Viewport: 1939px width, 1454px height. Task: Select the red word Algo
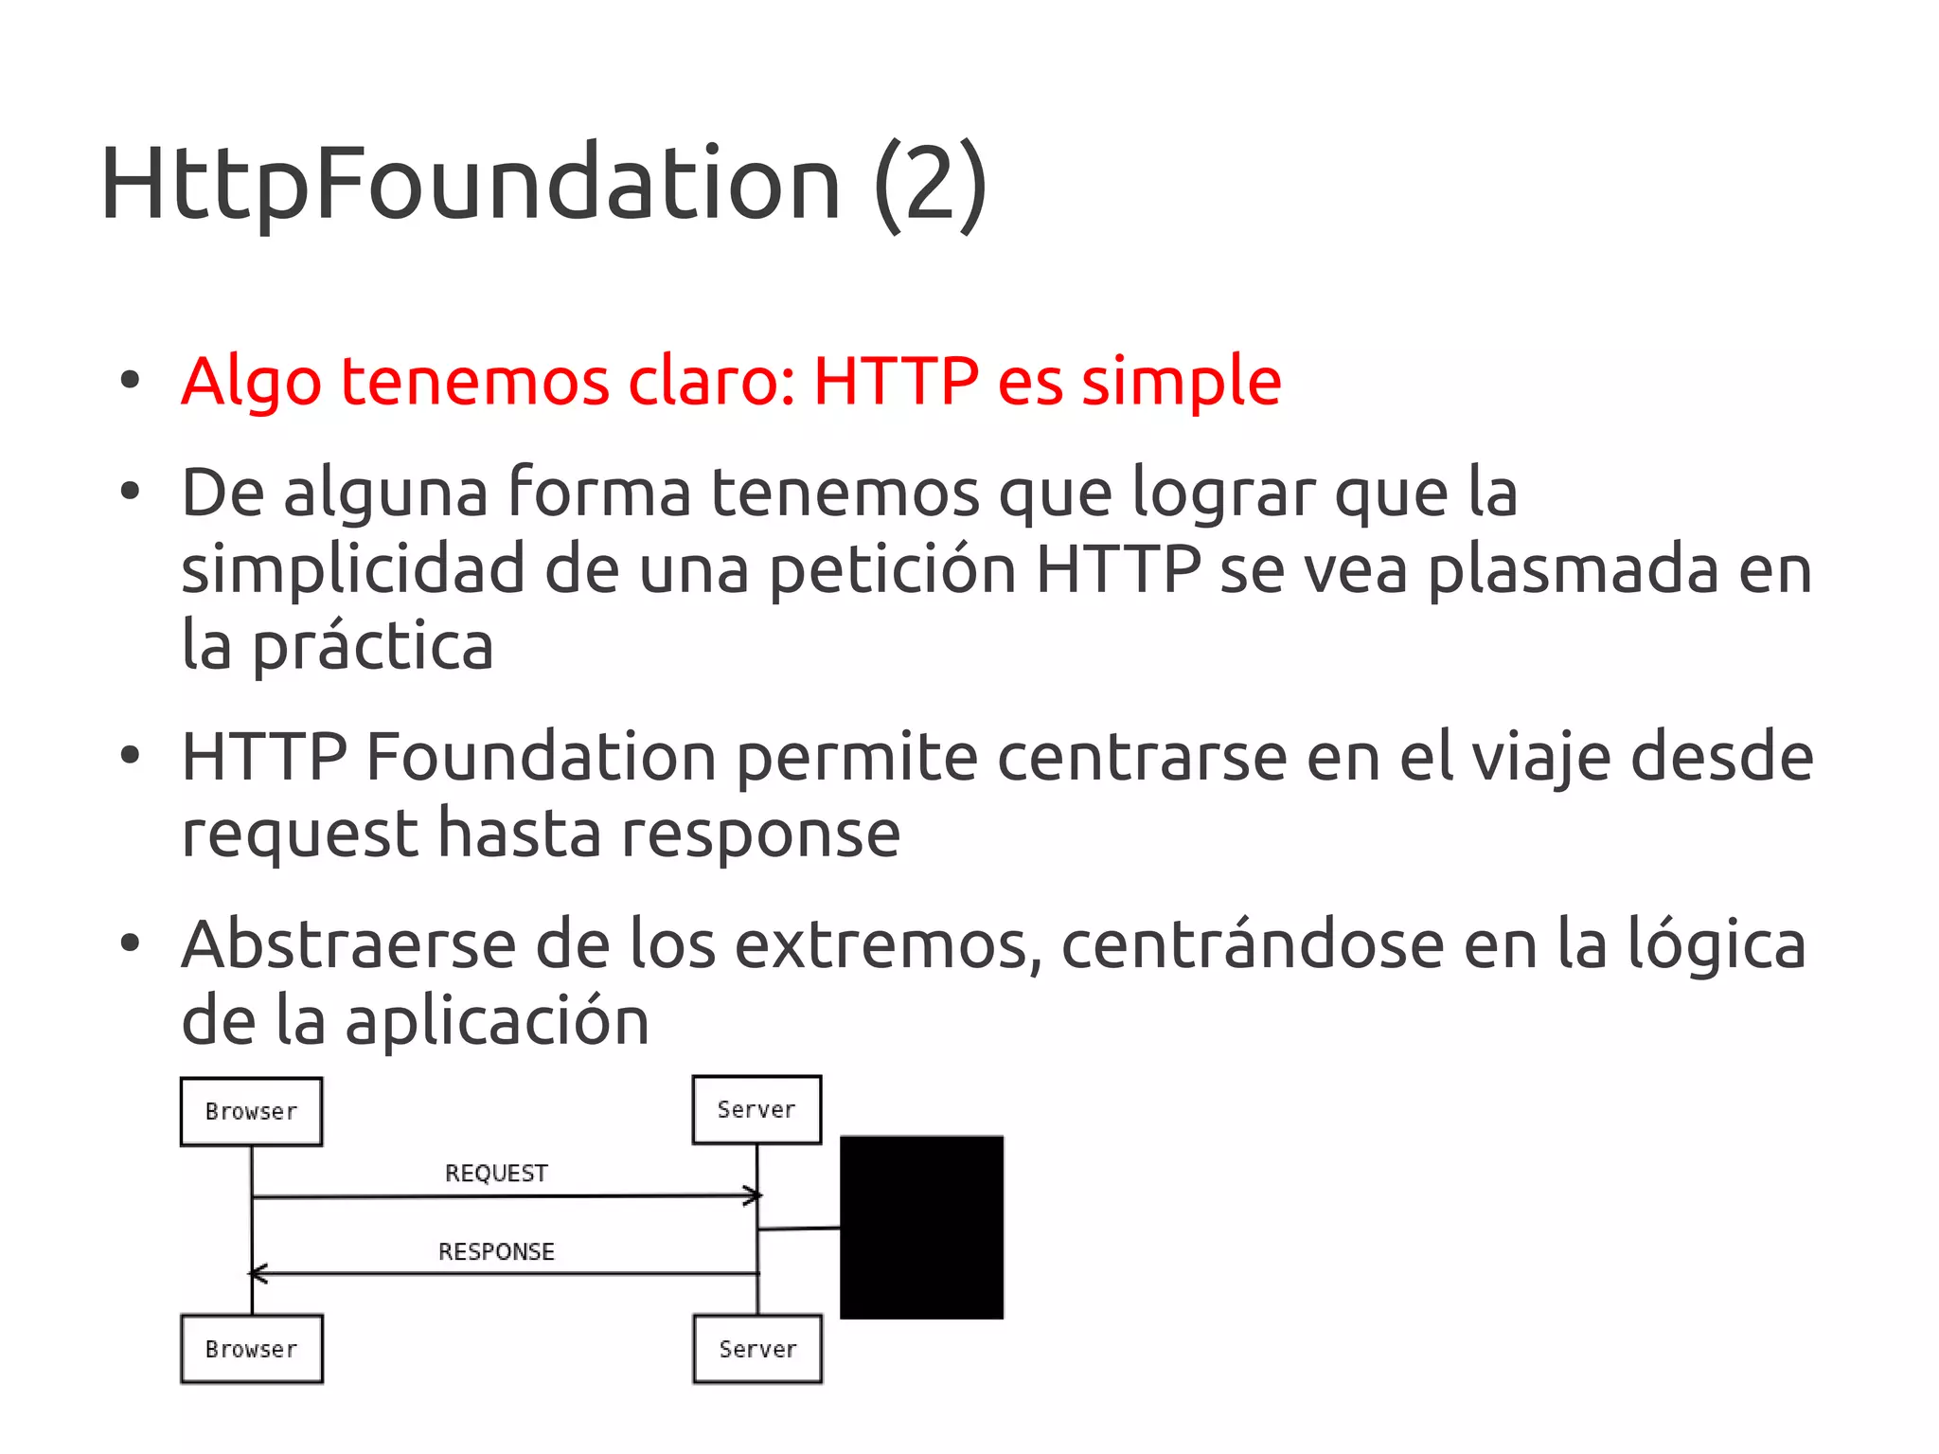click(251, 382)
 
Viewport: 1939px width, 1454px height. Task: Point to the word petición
click(892, 570)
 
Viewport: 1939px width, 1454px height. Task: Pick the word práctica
click(373, 647)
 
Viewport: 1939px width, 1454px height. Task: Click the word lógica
click(1716, 946)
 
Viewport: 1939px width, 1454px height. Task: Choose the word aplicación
click(497, 1021)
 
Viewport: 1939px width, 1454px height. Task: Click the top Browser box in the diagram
click(252, 1111)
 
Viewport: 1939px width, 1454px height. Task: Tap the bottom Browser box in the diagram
click(252, 1349)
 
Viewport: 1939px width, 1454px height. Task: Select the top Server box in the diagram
click(756, 1109)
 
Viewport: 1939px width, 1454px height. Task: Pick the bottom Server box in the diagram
click(757, 1349)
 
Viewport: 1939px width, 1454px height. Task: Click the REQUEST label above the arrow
click(496, 1174)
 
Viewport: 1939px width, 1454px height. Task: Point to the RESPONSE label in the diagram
click(496, 1251)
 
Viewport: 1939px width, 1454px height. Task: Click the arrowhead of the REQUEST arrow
click(755, 1195)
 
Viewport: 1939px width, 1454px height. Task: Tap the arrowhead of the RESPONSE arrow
click(257, 1274)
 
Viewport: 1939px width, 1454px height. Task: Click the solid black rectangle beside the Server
click(921, 1227)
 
